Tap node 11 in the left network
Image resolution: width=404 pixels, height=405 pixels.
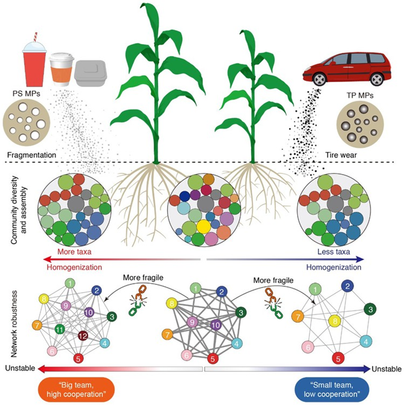coord(60,329)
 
